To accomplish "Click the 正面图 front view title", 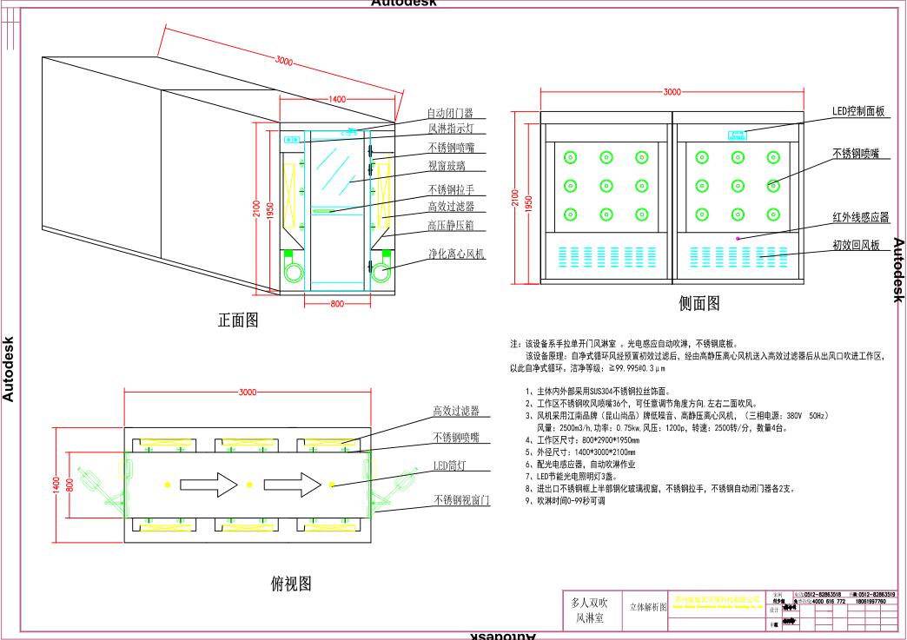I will click(x=237, y=320).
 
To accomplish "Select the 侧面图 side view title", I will click(x=698, y=303).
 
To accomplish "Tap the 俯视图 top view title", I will click(x=291, y=584).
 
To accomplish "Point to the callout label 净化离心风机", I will click(x=455, y=254).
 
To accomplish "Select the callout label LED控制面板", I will click(x=857, y=111).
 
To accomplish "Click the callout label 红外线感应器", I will click(x=860, y=217).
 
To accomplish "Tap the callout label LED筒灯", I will click(x=451, y=466).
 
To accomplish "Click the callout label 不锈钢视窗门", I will click(x=462, y=501).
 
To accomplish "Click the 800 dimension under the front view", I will click(x=337, y=304).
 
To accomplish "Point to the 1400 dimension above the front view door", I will click(x=337, y=99).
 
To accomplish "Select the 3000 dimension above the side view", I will click(x=672, y=91).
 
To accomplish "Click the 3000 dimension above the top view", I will click(x=248, y=393).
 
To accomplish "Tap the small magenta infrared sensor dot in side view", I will click(x=738, y=238).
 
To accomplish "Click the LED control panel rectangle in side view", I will click(x=738, y=135).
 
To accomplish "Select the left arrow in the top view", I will click(x=209, y=483).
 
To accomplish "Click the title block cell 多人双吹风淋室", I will click(x=591, y=609).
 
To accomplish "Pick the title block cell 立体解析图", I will click(x=647, y=607).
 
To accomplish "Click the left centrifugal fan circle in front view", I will click(x=293, y=273).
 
